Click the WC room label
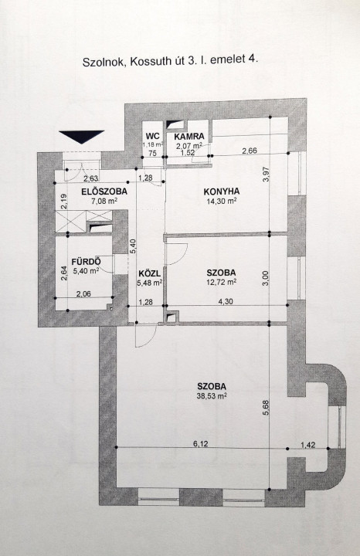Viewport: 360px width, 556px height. tap(152, 136)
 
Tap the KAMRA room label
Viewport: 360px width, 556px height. tap(189, 136)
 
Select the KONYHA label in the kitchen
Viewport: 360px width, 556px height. tap(222, 192)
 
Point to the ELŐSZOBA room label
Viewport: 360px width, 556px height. tap(104, 192)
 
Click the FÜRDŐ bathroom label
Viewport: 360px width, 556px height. tap(87, 262)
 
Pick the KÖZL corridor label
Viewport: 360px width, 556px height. tap(150, 273)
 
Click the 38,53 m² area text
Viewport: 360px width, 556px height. tap(212, 396)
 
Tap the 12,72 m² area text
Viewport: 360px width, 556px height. tap(222, 282)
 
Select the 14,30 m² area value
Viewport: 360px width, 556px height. tap(222, 201)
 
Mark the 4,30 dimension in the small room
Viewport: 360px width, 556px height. tap(226, 301)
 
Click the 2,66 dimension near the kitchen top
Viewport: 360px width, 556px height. tap(250, 151)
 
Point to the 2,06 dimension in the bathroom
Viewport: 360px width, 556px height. tap(83, 293)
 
